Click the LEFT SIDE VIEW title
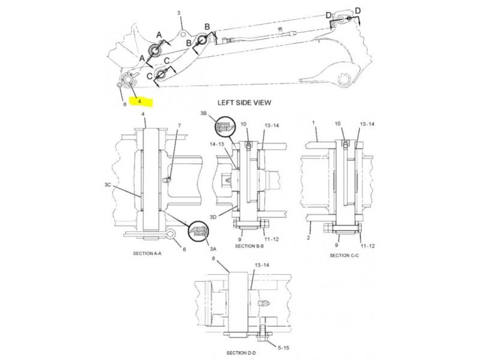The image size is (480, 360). point(244,103)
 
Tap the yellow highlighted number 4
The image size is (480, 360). point(140,101)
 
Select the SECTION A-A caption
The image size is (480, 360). point(147,253)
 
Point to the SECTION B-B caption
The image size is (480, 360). point(249,246)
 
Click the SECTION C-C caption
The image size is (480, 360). point(344,256)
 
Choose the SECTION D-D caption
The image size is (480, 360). point(241,353)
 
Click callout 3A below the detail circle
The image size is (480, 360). point(213,249)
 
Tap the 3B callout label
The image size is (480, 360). point(203,113)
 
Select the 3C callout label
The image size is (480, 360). point(108,185)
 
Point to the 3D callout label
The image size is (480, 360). point(213,217)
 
